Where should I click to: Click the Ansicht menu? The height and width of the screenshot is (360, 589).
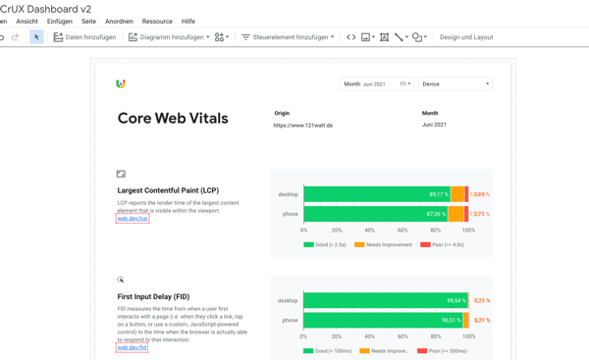coord(27,22)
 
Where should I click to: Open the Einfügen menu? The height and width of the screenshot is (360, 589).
coord(60,22)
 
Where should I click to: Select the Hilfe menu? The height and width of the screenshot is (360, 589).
coord(188,22)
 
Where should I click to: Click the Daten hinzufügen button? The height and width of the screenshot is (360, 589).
coord(84,37)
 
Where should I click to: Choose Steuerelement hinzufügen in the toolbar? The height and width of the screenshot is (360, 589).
coord(288,37)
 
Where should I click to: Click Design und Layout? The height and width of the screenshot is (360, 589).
coord(466,37)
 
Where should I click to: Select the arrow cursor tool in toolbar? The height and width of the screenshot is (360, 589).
coord(36,37)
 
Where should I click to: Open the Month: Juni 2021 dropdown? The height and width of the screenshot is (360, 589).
coord(376,84)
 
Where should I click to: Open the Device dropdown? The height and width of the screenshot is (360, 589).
coord(455,84)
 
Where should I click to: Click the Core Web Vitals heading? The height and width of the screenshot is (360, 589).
coord(173,119)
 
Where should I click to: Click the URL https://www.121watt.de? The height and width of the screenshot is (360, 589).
coord(303,126)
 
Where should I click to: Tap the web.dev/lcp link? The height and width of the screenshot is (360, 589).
coord(133,219)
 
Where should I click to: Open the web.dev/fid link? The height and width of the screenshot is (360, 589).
coord(132,347)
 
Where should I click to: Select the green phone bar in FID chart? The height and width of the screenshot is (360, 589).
coord(383,320)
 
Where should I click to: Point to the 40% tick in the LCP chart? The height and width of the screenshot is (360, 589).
coord(370,231)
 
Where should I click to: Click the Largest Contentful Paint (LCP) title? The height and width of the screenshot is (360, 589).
coord(168,190)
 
